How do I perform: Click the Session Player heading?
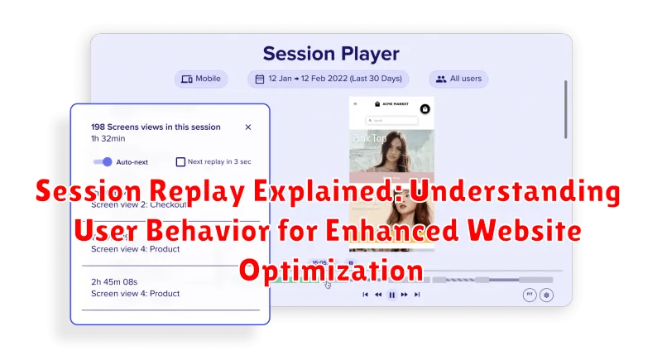[330, 54]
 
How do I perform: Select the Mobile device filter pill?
[199, 79]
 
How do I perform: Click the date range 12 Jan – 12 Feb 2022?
[329, 79]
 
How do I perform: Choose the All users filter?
[458, 79]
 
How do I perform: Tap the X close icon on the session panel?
[248, 127]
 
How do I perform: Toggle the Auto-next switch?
[103, 162]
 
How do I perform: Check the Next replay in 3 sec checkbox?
[180, 162]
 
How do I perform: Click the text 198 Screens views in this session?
[155, 127]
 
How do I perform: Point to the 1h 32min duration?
[107, 140]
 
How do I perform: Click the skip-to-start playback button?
[365, 294]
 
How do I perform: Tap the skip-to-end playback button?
[418, 294]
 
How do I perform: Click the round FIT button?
[529, 295]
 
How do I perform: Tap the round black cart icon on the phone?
[425, 108]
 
